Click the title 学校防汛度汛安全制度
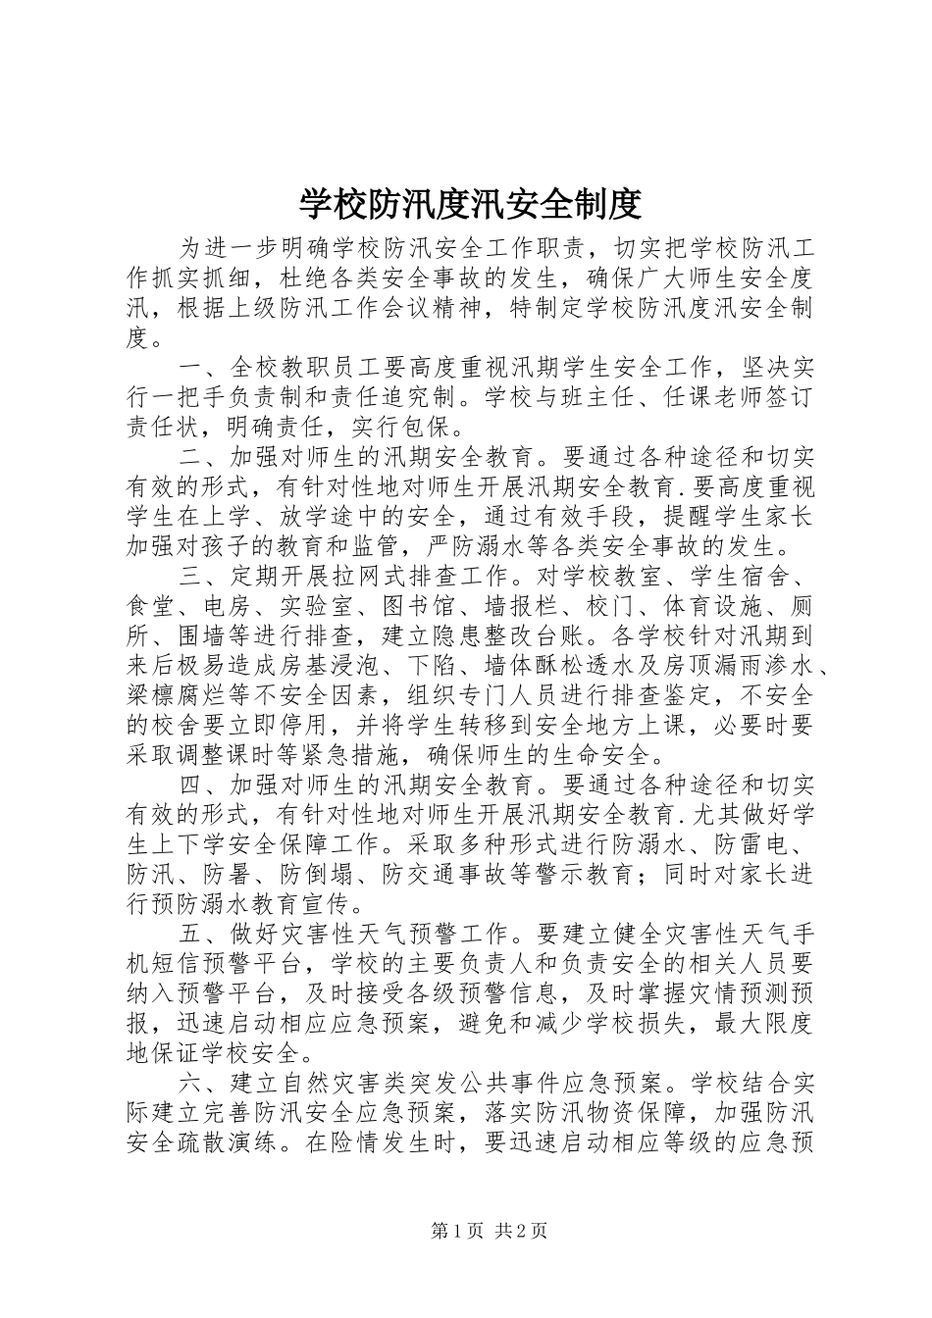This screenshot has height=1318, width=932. [x=470, y=204]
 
